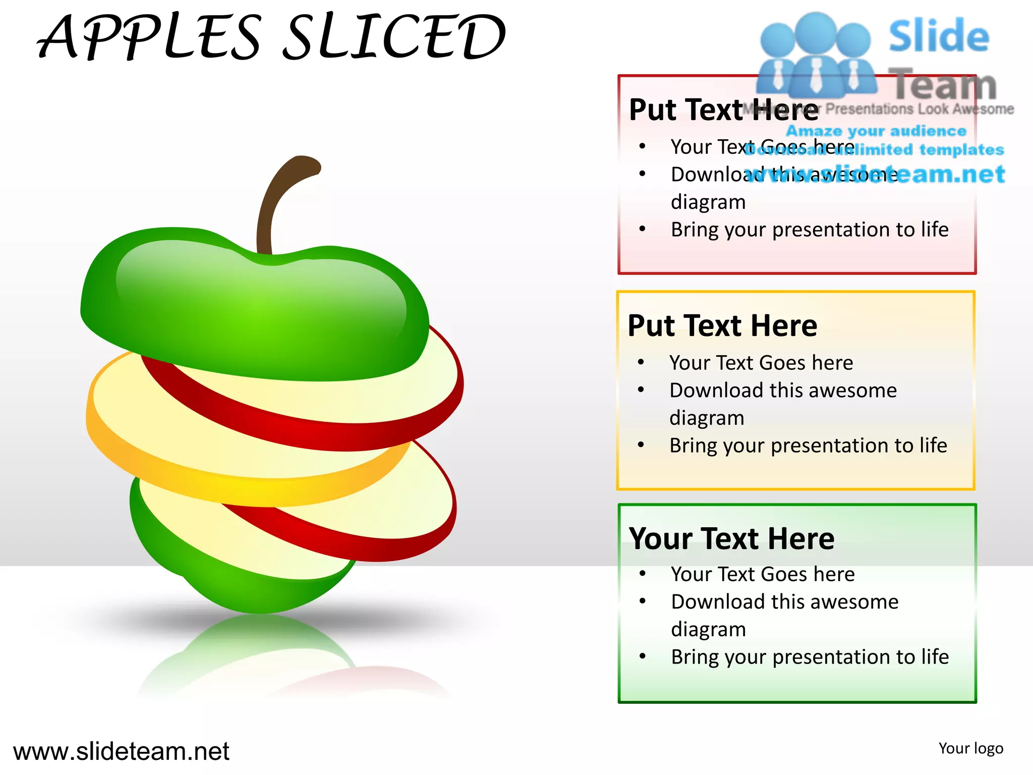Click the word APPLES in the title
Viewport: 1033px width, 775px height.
pos(149,37)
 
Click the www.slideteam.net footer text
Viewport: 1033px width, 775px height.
pos(121,751)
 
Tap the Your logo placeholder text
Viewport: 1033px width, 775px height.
pos(971,748)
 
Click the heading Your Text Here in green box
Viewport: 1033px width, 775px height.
pos(732,538)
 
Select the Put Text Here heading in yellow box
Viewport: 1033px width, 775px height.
pos(722,325)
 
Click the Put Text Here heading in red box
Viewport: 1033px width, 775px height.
pos(724,109)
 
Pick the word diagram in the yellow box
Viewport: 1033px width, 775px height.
pos(707,418)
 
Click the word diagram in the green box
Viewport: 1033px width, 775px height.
pos(708,629)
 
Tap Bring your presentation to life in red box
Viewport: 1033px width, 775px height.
pos(810,230)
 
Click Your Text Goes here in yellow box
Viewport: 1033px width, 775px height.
pos(761,363)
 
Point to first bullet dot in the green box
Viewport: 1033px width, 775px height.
pos(643,574)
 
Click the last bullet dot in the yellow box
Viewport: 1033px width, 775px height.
pos(641,445)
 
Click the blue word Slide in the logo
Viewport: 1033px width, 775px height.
pos(939,36)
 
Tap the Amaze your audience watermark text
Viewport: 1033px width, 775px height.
pos(876,131)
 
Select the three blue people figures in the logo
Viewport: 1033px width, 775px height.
pos(816,56)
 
